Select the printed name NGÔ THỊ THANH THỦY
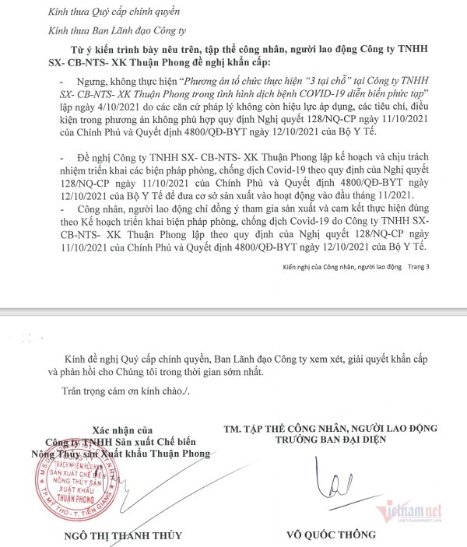coord(114,535)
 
